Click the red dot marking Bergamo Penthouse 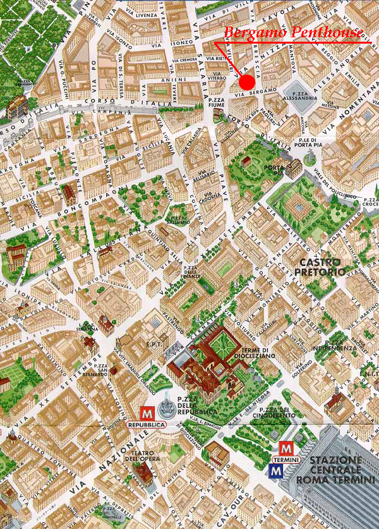pyautogui.click(x=246, y=82)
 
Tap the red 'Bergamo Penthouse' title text pyautogui.click(x=294, y=32)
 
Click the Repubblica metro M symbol pyautogui.click(x=147, y=411)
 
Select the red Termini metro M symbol pyautogui.click(x=286, y=448)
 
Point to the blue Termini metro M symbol pyautogui.click(x=276, y=470)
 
